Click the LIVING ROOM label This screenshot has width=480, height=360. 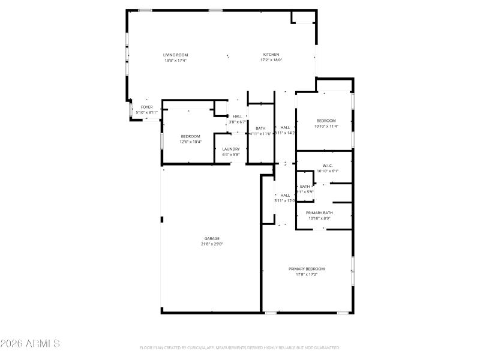coord(176,55)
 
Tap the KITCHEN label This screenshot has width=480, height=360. coord(271,55)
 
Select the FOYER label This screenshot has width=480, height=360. coord(146,107)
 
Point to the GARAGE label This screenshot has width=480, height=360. coord(212,238)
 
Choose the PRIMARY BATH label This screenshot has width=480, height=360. coord(319,213)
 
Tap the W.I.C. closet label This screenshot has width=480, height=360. coord(328,166)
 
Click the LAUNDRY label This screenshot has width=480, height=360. coord(231,149)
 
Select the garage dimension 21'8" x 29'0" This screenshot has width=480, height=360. coord(212,244)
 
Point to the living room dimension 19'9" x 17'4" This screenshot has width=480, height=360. coord(176,60)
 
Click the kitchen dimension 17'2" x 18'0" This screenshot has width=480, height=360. coord(271,60)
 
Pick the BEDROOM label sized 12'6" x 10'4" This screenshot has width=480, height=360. coord(190,136)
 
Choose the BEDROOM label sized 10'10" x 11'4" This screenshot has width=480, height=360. coord(326,121)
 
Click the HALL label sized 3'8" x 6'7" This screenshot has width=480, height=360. coord(238,116)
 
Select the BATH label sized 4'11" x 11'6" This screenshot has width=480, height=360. coord(260,128)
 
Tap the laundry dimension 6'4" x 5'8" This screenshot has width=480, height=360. coord(231,155)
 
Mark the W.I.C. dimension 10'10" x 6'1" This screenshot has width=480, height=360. coord(328,171)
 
